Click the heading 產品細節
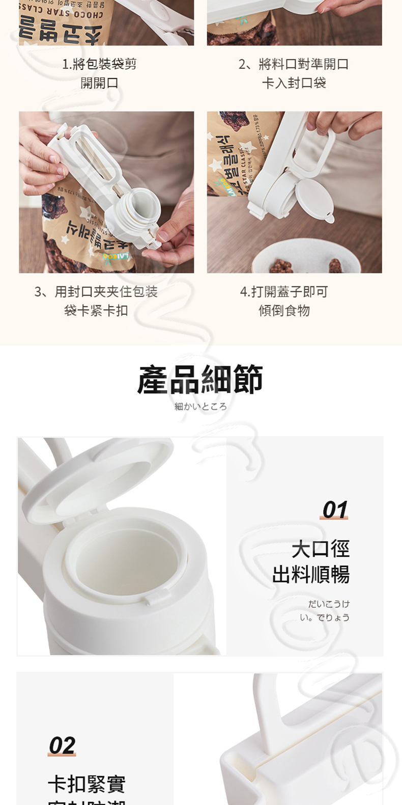click(x=200, y=380)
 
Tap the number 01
click(x=334, y=509)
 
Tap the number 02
click(x=62, y=745)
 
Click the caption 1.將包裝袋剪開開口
click(x=99, y=73)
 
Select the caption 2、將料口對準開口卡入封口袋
click(x=294, y=73)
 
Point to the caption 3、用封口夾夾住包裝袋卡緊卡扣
click(x=96, y=301)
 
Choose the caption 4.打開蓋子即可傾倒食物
click(x=284, y=301)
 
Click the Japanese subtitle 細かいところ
click(x=200, y=407)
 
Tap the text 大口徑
click(x=321, y=549)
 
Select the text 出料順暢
click(x=311, y=574)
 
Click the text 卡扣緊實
click(x=87, y=784)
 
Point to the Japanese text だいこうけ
click(x=329, y=604)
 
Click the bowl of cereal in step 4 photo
click(x=305, y=260)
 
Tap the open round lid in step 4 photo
click(x=314, y=199)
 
